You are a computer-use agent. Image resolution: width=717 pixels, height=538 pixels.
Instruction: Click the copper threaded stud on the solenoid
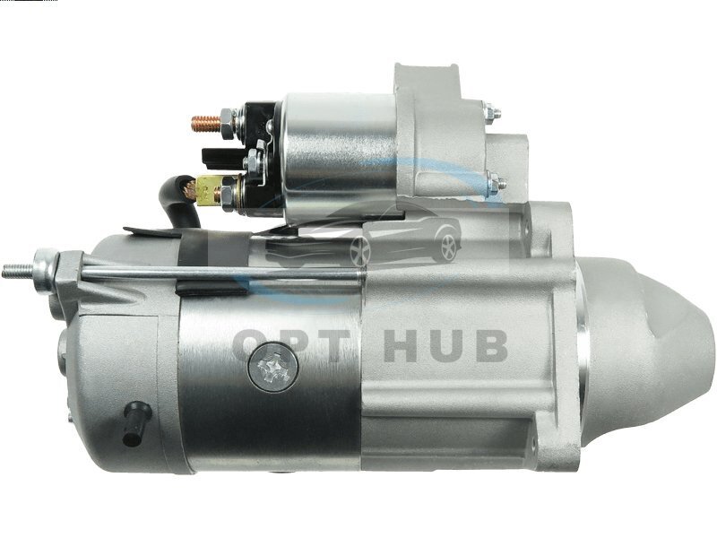coord(206,123)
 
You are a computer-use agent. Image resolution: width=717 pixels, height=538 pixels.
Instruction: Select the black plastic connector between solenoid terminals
coord(220,156)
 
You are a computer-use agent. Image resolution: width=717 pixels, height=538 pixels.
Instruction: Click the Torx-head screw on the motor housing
coord(273,367)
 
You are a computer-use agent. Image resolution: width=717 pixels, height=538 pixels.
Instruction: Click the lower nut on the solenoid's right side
coord(493,182)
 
